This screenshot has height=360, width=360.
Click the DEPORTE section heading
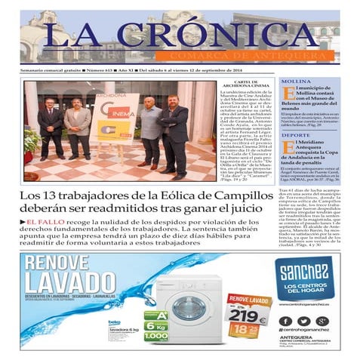pos(291,135)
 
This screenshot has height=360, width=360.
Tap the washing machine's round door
pos(185,312)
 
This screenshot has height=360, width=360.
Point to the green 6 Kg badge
pos(155,325)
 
